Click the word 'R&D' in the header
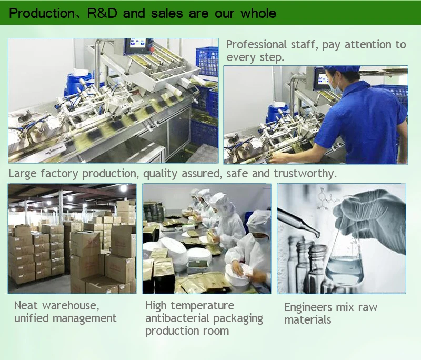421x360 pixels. [102, 14]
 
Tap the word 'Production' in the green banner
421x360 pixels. [42, 14]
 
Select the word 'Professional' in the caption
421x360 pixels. [256, 45]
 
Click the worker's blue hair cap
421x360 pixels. [341, 69]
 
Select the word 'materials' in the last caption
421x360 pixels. [308, 320]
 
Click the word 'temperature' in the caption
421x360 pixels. [203, 306]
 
